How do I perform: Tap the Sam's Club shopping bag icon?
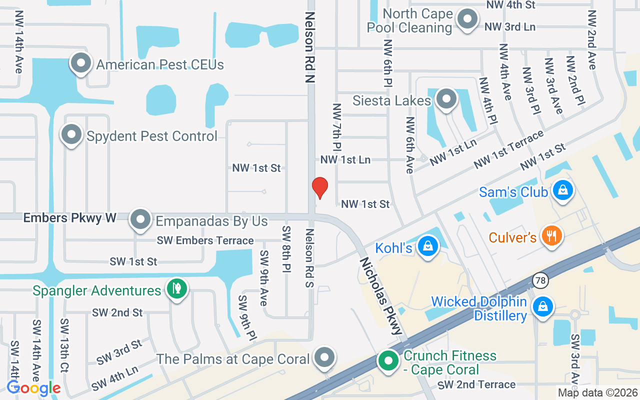[x=563, y=191]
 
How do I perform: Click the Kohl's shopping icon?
[x=428, y=246]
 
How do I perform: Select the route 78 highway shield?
[x=539, y=280]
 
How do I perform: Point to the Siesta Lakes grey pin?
[x=446, y=99]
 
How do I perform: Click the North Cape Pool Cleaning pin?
[x=467, y=19]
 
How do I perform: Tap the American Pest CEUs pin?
[x=81, y=63]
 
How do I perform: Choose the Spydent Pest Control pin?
[x=71, y=135]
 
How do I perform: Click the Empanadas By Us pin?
[x=140, y=219]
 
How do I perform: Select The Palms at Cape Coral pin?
[x=325, y=358]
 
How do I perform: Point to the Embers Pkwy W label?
[x=70, y=217]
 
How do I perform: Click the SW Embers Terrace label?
[x=205, y=240]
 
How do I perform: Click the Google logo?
[x=33, y=388]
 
